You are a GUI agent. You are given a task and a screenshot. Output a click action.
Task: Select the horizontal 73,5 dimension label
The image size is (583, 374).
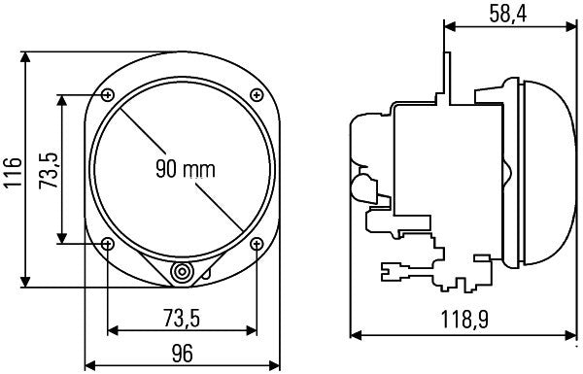click(x=181, y=318)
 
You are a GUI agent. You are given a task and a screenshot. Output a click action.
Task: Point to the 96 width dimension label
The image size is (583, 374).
click(x=182, y=355)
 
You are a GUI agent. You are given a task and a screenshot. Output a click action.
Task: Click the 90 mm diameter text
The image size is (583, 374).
click(x=185, y=168)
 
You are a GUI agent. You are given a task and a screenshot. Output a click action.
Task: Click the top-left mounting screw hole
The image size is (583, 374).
click(x=107, y=94)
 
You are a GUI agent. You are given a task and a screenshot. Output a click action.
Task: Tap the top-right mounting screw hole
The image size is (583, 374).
click(x=257, y=94)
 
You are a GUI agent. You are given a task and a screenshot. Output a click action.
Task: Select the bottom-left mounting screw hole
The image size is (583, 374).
click(x=107, y=243)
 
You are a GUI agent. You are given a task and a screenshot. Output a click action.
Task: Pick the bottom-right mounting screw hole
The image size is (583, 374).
click(x=257, y=243)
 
